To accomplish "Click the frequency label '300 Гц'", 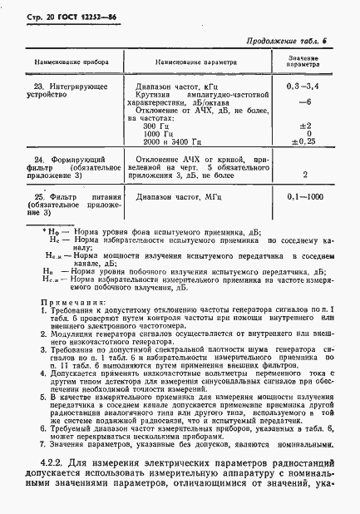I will (157, 126).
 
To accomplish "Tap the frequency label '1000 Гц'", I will (160, 133).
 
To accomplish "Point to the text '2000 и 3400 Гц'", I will (172, 141).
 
